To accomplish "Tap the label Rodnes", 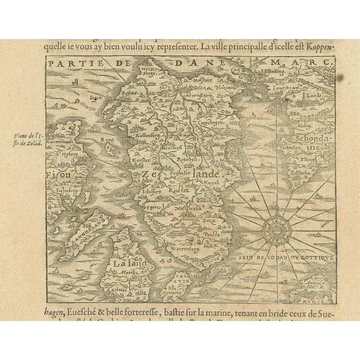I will coord(127,94).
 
